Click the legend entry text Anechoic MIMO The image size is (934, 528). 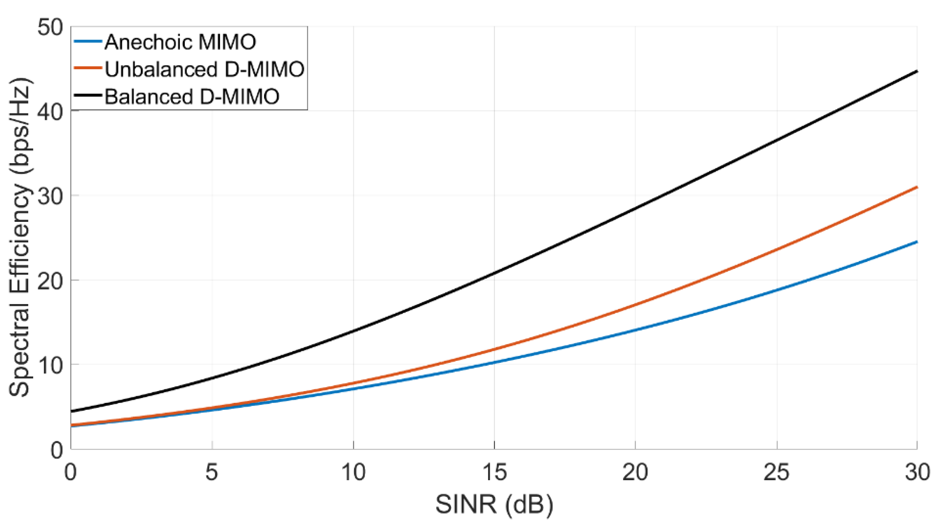pyautogui.click(x=180, y=42)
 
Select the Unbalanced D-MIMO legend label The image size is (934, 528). pyautogui.click(x=204, y=69)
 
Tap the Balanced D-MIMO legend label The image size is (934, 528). pyautogui.click(x=192, y=97)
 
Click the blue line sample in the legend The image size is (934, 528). pyautogui.click(x=88, y=41)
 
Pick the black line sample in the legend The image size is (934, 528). pyautogui.click(x=88, y=95)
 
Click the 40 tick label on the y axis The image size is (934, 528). pyautogui.click(x=50, y=112)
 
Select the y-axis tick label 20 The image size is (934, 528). pyautogui.click(x=50, y=281)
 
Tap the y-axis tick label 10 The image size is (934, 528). pyautogui.click(x=50, y=365)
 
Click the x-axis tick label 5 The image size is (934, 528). pyautogui.click(x=212, y=472)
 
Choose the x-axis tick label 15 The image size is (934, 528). pyautogui.click(x=494, y=472)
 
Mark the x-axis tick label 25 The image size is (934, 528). pyautogui.click(x=776, y=472)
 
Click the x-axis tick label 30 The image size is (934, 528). pyautogui.click(x=917, y=472)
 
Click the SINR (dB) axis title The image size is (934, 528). pyautogui.click(x=494, y=505)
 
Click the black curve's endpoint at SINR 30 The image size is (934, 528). pyautogui.click(x=916, y=72)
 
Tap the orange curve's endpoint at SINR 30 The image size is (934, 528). pyautogui.click(x=916, y=187)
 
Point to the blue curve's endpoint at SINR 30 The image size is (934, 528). pyautogui.click(x=916, y=242)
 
